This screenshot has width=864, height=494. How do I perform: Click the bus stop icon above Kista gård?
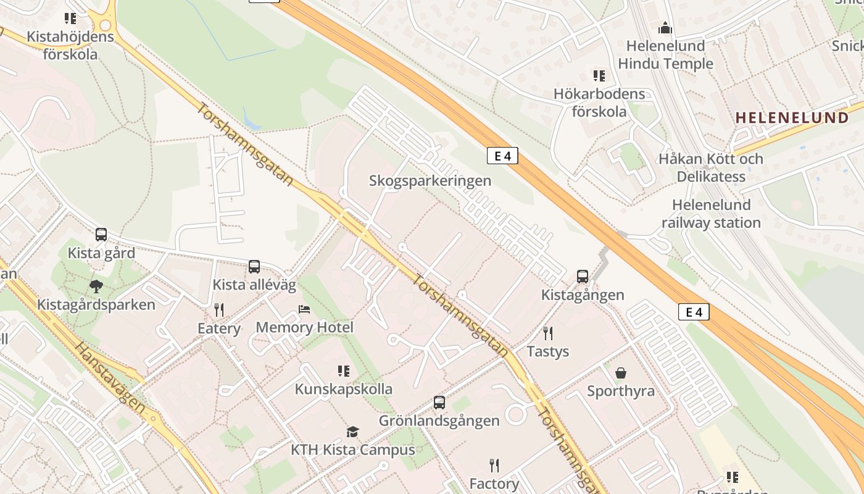point(101,235)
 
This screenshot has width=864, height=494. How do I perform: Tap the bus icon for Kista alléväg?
point(254,267)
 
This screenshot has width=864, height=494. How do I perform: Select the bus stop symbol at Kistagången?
point(583,277)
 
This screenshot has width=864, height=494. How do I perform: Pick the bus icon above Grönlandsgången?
point(439,403)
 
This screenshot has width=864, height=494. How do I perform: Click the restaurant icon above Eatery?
point(219,309)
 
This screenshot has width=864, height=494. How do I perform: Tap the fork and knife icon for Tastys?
point(548,333)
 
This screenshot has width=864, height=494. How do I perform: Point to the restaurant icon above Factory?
point(494,465)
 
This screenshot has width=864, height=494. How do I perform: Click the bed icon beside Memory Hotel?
point(304,309)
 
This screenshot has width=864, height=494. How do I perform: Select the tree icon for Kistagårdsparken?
point(96,286)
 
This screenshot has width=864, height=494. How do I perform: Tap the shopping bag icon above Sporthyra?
point(621,373)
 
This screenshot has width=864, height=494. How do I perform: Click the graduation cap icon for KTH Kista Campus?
point(352,432)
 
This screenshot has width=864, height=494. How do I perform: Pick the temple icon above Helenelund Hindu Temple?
point(665,28)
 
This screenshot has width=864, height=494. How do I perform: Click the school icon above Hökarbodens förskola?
point(599,76)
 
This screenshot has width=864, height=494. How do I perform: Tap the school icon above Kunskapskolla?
point(344,371)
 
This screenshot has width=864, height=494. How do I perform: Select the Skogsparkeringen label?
point(430,181)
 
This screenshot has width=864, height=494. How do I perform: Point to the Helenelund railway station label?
point(711,214)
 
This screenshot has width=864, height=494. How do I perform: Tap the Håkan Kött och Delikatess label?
point(711,167)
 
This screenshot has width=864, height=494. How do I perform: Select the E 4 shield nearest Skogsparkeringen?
point(502,156)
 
